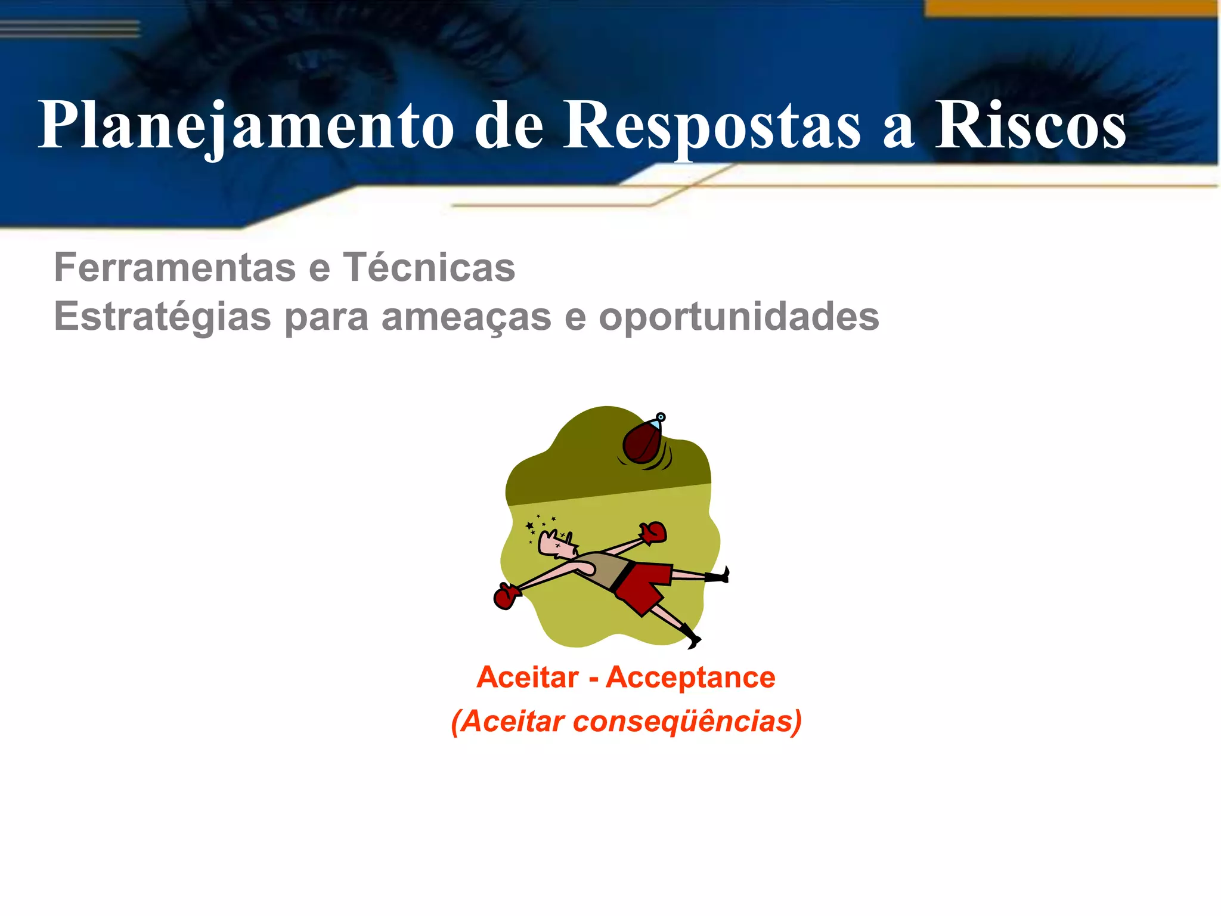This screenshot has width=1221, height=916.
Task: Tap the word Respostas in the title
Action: [712, 125]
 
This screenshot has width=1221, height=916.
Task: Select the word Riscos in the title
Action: [1030, 125]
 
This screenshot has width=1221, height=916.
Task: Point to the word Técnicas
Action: [429, 267]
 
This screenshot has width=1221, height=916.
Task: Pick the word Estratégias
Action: [162, 316]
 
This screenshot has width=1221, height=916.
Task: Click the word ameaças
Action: [466, 316]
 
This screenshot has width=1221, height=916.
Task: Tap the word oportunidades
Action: [739, 316]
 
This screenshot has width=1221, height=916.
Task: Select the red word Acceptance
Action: [690, 677]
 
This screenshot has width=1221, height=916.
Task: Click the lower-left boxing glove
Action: [506, 596]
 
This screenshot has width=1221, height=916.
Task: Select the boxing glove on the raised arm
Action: [653, 532]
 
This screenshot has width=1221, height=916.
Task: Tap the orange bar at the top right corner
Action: [1071, 8]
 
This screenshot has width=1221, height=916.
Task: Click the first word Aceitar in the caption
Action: [527, 677]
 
